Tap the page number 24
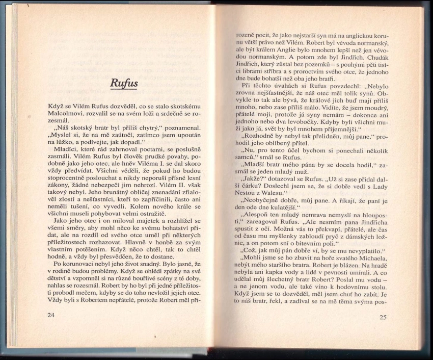[x=51, y=315]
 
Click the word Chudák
[x=374, y=59]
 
